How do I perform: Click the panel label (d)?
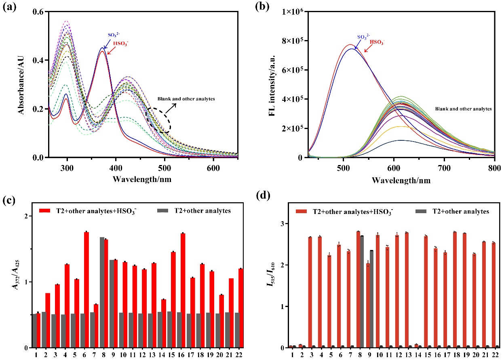263,195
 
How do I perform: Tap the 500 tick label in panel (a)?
164,168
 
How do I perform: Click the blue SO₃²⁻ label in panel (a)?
114,35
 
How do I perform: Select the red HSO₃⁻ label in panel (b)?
377,42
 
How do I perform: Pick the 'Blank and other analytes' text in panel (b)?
463,109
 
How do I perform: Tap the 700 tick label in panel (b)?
444,168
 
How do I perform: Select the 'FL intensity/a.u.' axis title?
272,85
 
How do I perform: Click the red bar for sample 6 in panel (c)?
86,290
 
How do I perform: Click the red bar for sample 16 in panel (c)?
183,290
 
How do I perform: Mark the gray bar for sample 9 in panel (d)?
371,299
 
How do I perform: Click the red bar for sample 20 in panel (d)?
474,301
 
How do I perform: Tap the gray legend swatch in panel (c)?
162,211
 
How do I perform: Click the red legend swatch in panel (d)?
301,212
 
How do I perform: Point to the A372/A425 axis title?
16,275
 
